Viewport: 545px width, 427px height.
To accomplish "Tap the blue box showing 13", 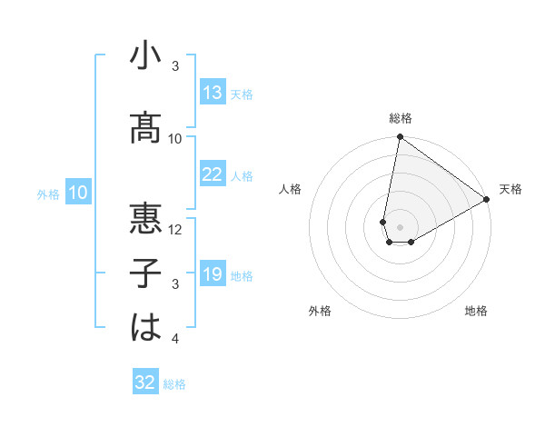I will [x=213, y=93].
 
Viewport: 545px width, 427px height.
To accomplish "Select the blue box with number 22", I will [x=213, y=174].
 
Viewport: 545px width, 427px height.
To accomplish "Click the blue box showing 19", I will [x=213, y=274].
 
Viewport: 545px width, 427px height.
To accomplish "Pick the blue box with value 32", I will [x=145, y=382].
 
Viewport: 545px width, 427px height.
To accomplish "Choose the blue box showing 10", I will [x=78, y=193].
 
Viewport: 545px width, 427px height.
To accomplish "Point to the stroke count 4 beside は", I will [x=175, y=340].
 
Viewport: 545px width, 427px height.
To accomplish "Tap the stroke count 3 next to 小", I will [x=175, y=66].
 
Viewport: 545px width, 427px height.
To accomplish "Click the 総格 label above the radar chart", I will [x=400, y=118].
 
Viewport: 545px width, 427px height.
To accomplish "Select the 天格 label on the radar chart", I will [x=510, y=189].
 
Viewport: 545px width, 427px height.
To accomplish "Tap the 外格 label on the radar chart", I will [x=320, y=311].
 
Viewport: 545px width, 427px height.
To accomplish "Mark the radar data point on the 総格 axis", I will [x=400, y=137].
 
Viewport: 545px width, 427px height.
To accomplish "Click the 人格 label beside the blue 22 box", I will [x=242, y=175].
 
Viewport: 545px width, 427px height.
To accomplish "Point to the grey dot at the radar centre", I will [x=399, y=225].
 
